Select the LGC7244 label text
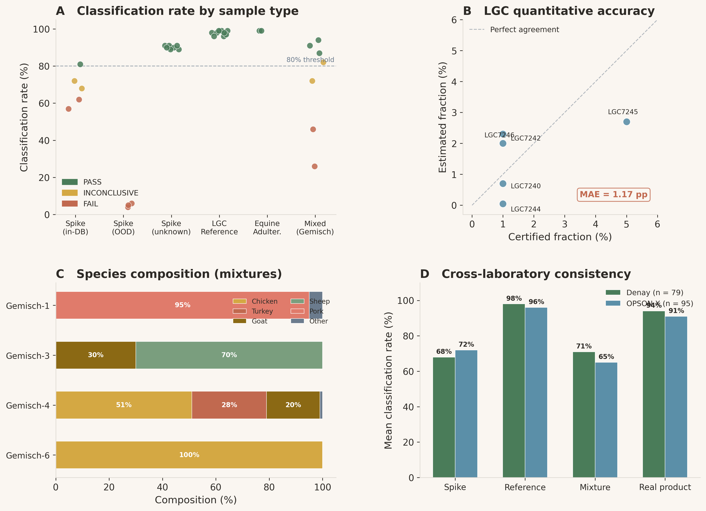click(x=525, y=209)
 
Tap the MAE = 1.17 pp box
click(x=613, y=194)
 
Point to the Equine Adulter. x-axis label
click(x=267, y=228)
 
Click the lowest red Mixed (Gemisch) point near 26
click(x=314, y=166)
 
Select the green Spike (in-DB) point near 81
click(x=80, y=64)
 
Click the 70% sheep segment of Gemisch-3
click(x=229, y=355)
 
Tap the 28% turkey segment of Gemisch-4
click(x=229, y=405)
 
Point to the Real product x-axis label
click(x=665, y=487)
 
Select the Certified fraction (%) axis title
click(x=560, y=237)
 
